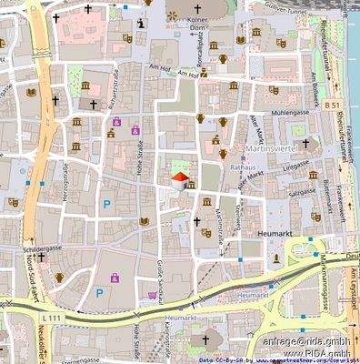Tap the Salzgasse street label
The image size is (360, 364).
click(303, 192)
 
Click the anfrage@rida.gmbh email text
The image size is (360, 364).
click(305, 340)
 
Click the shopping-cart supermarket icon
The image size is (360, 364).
click(151, 296)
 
